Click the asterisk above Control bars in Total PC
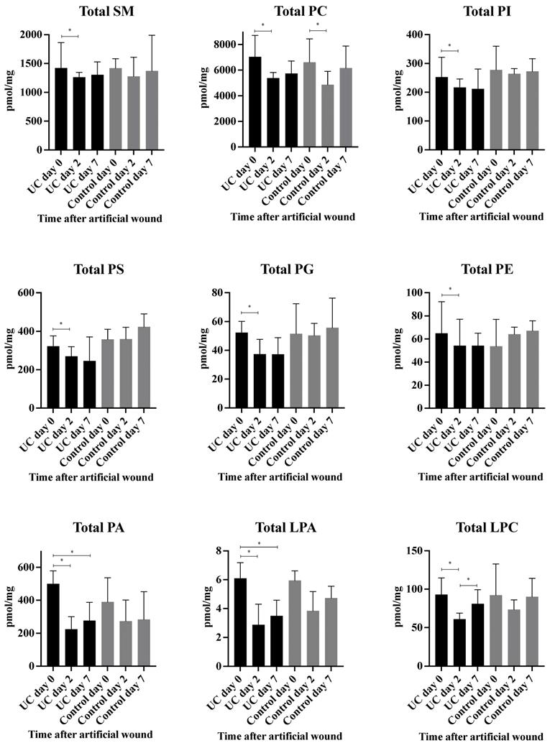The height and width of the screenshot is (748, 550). pyautogui.click(x=317, y=24)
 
